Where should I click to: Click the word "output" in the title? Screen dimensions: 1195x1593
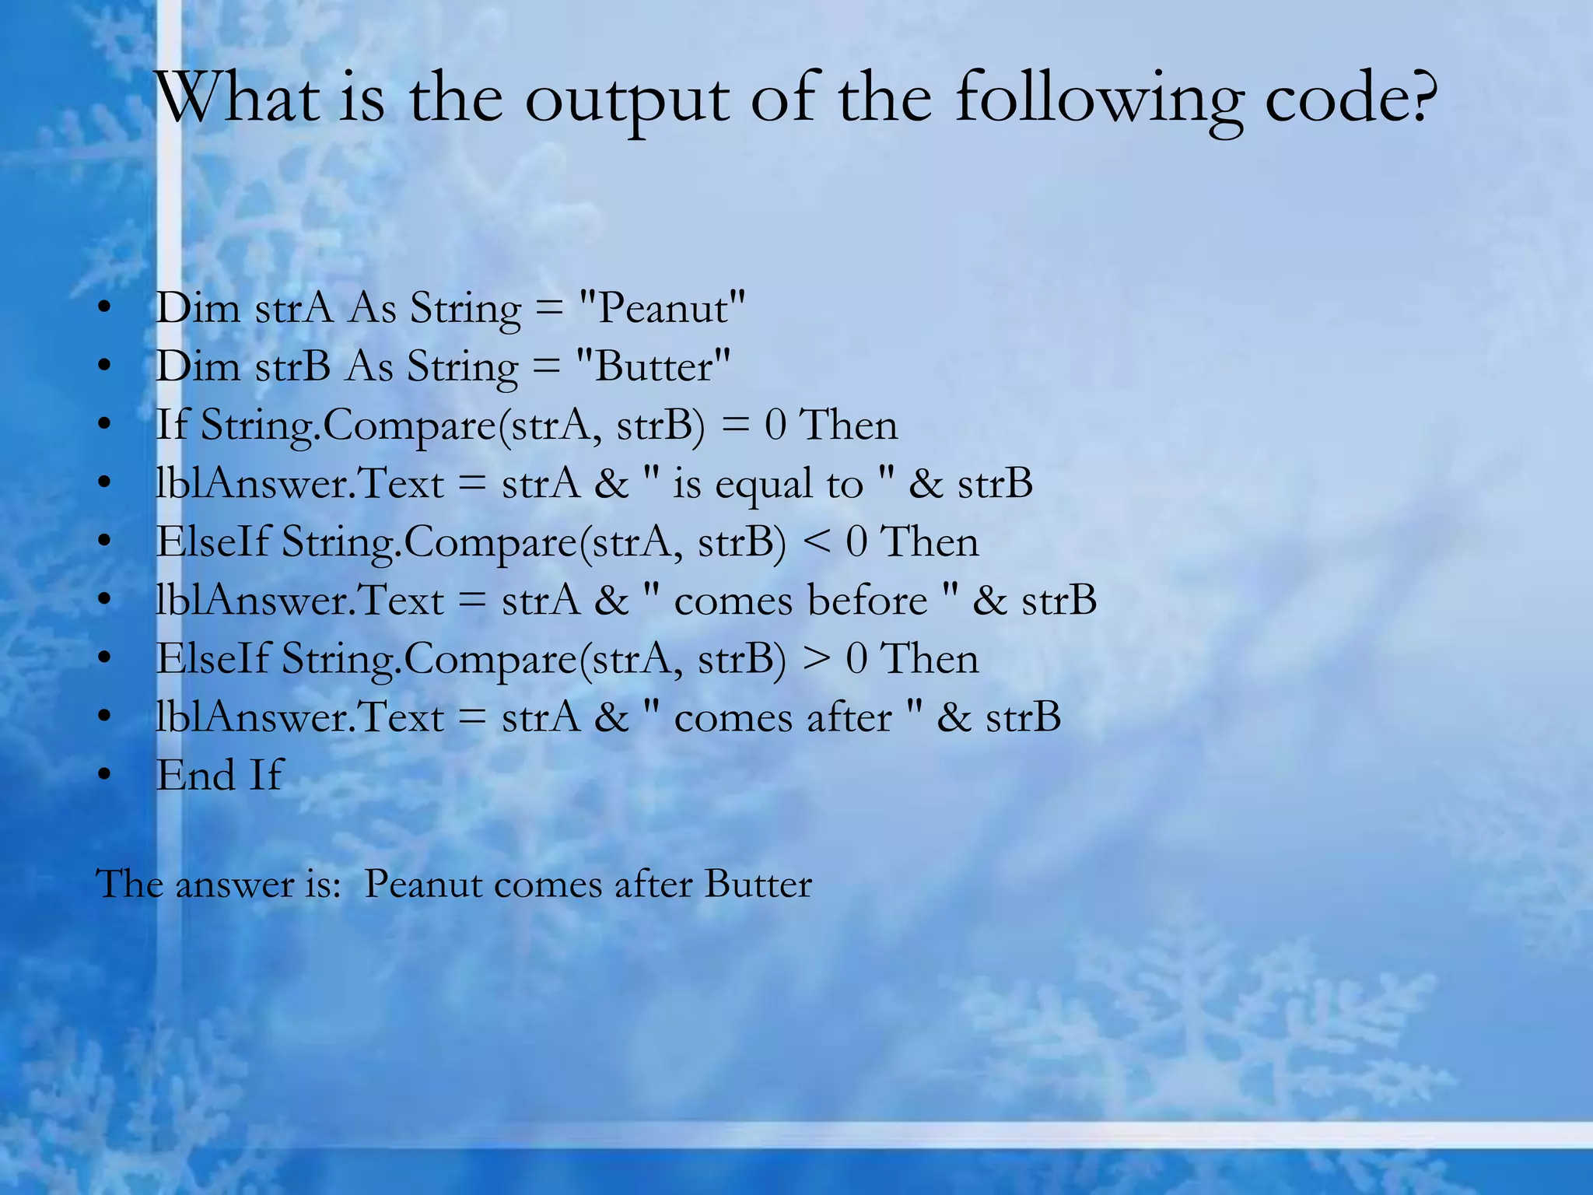point(627,102)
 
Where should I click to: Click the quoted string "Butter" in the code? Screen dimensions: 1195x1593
point(653,366)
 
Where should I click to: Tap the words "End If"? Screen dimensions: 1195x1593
point(219,776)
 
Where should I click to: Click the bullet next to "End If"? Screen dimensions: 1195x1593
point(105,776)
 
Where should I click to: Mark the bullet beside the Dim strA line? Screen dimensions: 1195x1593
point(105,308)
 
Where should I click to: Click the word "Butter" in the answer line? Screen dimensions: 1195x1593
point(758,885)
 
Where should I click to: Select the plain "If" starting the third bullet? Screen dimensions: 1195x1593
point(171,426)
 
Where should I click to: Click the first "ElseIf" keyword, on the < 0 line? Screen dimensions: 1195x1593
point(212,541)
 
